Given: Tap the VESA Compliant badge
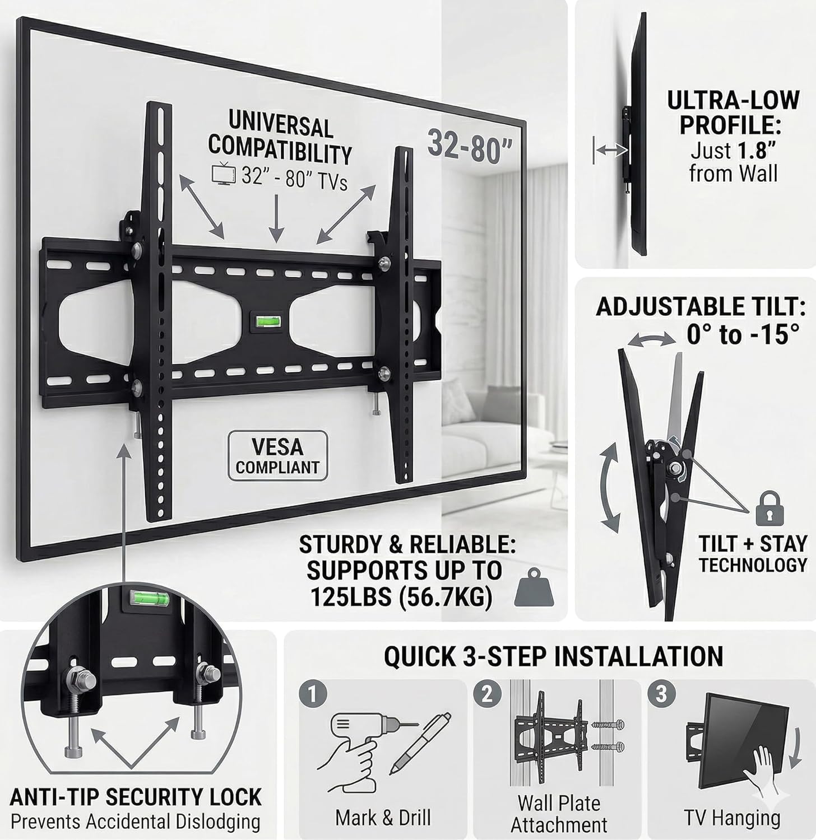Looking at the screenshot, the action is point(277,456).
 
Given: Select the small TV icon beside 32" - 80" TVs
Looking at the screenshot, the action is point(221,174).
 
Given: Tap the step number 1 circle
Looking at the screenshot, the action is point(313,696).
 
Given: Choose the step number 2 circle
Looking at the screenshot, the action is point(487,694).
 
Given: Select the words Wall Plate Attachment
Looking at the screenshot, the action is point(559,814).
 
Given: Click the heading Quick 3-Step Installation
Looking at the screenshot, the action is point(553,656).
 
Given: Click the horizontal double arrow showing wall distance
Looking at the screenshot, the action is point(611,150).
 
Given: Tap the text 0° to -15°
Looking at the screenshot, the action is point(743,335).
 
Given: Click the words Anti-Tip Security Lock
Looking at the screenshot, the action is point(136,797).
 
